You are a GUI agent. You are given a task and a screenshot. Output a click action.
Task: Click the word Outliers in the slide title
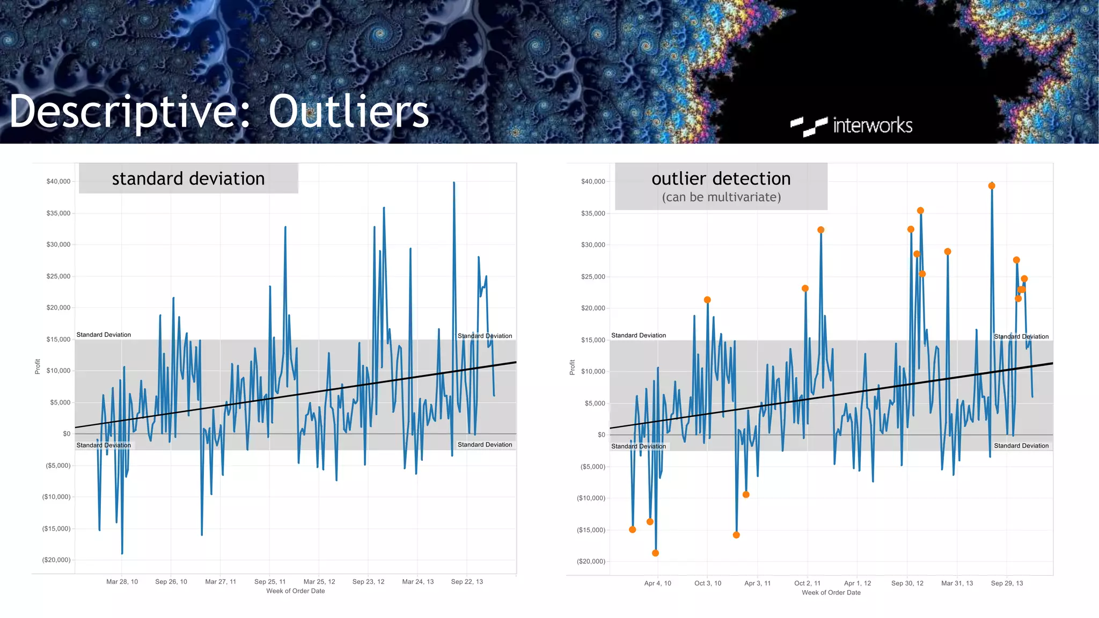[349, 112]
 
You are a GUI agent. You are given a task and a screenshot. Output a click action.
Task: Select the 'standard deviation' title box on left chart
[188, 179]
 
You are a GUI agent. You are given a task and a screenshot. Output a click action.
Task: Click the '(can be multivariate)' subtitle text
[721, 197]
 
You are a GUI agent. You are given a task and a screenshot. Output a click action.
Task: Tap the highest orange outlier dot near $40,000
[992, 186]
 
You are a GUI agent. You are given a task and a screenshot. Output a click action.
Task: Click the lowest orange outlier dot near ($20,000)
[655, 553]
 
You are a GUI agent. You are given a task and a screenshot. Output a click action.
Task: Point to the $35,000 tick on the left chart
[58, 213]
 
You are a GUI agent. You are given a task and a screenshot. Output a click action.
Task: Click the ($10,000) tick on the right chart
[591, 498]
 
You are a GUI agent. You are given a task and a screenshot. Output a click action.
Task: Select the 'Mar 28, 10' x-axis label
[122, 582]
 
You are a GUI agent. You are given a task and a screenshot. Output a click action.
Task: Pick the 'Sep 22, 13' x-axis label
[467, 582]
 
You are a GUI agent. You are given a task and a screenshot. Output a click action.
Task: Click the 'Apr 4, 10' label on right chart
[657, 583]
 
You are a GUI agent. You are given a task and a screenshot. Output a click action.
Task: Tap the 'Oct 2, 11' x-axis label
[807, 583]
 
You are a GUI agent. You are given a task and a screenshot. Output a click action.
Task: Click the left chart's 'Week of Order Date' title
[296, 591]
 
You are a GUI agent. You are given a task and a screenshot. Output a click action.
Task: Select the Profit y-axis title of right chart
[573, 367]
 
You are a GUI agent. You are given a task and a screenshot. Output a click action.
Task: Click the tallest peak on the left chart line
[454, 183]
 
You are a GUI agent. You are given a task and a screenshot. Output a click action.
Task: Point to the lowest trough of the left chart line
[122, 553]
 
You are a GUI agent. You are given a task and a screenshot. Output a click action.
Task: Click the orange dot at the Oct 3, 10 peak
[707, 300]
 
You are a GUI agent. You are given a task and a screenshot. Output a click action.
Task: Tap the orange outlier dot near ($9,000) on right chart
[746, 495]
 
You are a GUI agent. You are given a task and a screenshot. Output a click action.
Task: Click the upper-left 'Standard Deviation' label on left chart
[104, 335]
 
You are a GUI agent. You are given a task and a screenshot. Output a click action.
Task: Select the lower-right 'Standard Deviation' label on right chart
[1021, 446]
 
